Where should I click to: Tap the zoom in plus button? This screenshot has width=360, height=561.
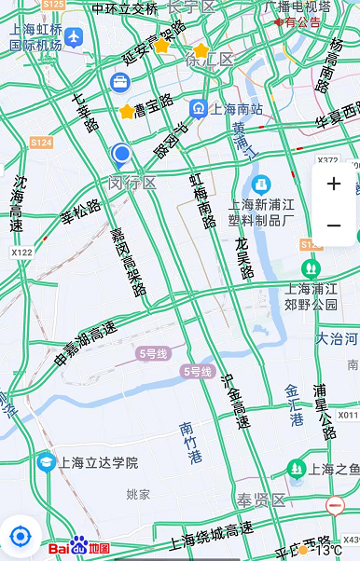pos(334,185)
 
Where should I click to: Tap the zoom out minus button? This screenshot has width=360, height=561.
pos(334,226)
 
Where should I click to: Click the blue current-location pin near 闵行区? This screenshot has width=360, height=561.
pos(121,154)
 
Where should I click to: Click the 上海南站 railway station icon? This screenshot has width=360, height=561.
pos(198,109)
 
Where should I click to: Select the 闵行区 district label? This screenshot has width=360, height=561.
pos(132,182)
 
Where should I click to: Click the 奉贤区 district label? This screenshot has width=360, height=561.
pos(260,500)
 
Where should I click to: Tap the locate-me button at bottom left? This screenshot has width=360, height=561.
pos(20,537)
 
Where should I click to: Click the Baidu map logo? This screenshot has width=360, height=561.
pos(79,547)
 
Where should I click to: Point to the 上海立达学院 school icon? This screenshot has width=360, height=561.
pos(45,462)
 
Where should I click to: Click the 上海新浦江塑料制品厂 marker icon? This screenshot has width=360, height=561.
pos(260,184)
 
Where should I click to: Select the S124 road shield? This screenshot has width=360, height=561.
pos(40,143)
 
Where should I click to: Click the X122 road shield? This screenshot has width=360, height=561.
pos(21,253)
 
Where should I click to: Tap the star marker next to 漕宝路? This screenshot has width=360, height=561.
pos(127,112)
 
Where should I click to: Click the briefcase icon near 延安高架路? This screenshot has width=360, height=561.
pos(120,82)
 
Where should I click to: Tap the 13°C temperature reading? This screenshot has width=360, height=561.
pos(326,551)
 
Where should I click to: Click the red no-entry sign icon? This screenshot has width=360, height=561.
pos(335,505)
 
